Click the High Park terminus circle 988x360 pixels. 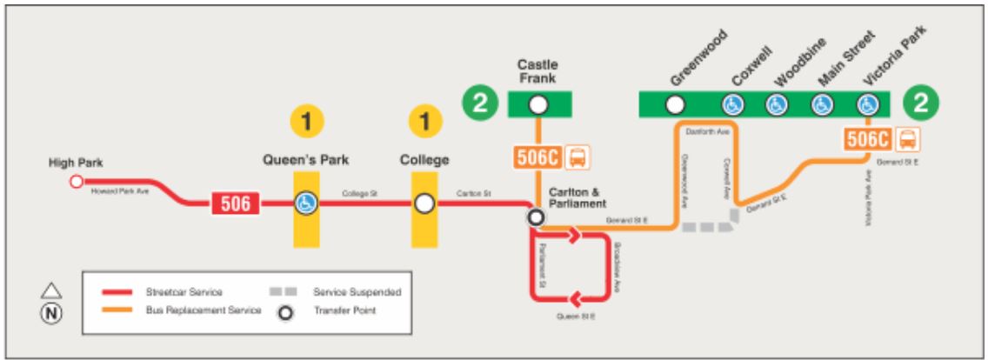coord(76,181)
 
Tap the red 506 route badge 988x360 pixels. coord(234,203)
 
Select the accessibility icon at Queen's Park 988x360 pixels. coord(306,203)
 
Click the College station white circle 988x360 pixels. coord(424,203)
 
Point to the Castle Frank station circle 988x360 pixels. coord(538,105)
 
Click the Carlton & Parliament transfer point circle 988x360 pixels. coord(537,217)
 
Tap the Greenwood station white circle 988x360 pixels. coord(674,105)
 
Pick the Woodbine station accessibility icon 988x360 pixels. coord(777,105)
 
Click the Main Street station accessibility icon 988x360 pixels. coord(822,105)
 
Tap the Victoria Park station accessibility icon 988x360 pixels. coord(867,105)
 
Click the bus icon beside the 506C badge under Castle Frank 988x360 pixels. coord(577,157)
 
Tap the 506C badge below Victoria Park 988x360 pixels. coord(867,139)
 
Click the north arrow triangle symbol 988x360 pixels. coord(50,291)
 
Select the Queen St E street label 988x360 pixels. coord(574,316)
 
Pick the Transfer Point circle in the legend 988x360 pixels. coord(281,311)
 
